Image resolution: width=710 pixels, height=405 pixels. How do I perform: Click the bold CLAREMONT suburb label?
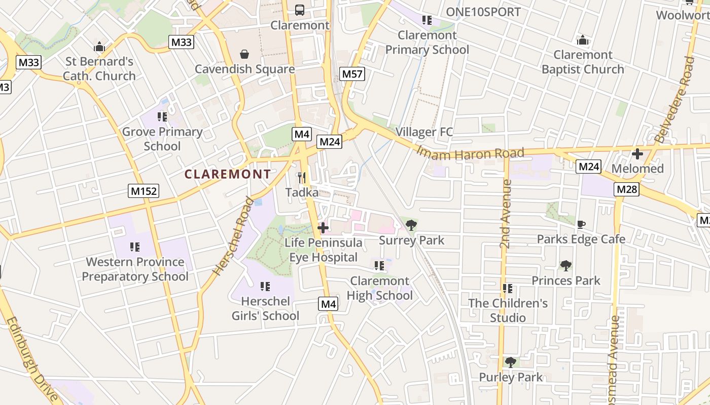pos(228,174)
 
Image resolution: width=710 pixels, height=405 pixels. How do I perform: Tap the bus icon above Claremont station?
pos(300,10)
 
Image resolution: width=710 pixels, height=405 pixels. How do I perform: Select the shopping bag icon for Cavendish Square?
pos(244,54)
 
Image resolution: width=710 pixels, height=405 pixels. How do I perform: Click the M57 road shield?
pos(352,74)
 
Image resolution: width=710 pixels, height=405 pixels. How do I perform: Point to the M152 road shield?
pos(144,191)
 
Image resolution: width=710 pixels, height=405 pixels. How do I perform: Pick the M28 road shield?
pos(627,189)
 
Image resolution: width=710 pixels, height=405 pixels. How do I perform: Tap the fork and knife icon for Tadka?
pos(302,177)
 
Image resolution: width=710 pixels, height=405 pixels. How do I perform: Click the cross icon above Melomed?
pos(637,153)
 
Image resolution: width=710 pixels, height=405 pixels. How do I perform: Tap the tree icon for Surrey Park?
pos(411,225)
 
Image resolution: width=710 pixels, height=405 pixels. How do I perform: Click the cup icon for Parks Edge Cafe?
pos(581,224)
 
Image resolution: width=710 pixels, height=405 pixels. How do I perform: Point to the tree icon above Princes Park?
pos(565,265)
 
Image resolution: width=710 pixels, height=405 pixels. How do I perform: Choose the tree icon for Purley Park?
pos(511,362)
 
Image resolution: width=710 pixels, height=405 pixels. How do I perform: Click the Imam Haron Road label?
pos(470,152)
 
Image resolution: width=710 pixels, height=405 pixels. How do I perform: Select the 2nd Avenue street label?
pos(505,214)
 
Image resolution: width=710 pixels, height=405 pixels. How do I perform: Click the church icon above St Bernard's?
pos(99,47)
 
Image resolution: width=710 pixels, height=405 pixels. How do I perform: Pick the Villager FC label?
pos(424,132)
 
